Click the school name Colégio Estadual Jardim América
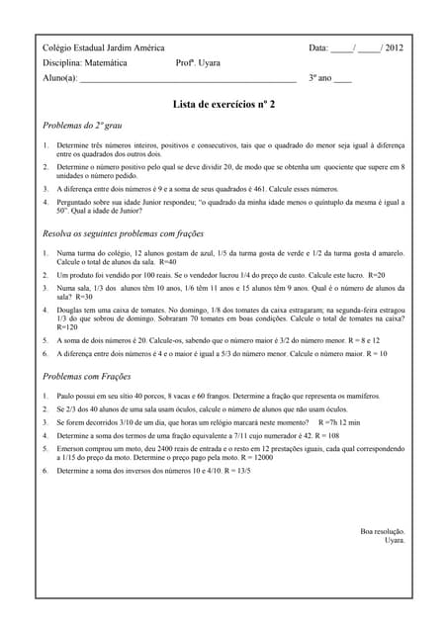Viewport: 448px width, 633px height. [x=104, y=47]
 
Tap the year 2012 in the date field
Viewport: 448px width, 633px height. [x=394, y=47]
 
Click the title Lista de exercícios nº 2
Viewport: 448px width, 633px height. [x=224, y=103]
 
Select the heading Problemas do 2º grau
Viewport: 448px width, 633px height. [x=82, y=126]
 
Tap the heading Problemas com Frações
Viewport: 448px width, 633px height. [x=88, y=377]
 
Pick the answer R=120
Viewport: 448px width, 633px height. [x=67, y=327]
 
